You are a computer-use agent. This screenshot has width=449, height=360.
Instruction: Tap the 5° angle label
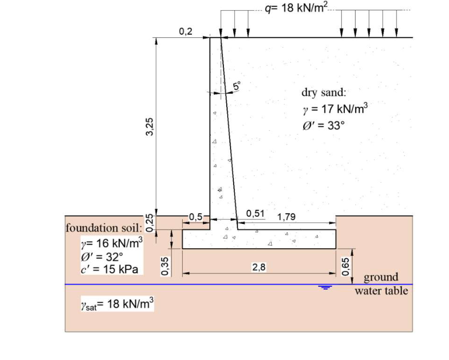tap(237, 86)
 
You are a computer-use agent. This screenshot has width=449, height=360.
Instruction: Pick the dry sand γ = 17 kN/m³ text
tap(335, 109)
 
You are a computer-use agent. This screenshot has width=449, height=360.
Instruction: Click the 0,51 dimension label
tap(255, 214)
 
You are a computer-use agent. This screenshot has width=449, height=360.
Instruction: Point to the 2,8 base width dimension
tap(258, 267)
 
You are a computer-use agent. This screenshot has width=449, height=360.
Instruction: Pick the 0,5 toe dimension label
tap(195, 216)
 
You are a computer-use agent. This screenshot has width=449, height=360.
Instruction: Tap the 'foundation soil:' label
tap(104, 228)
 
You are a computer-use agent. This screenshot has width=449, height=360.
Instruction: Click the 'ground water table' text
tap(381, 284)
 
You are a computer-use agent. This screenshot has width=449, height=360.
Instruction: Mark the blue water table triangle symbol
tap(325, 287)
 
